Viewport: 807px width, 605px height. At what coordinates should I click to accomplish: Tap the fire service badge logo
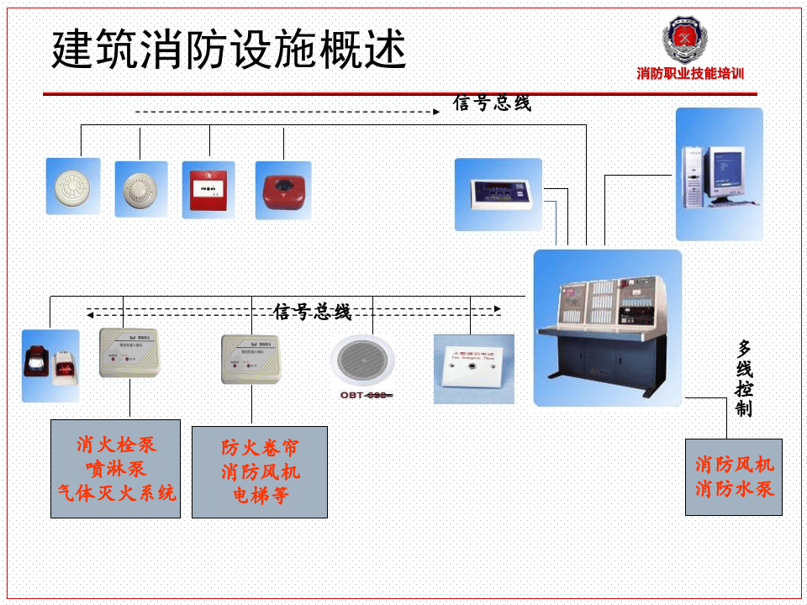685,39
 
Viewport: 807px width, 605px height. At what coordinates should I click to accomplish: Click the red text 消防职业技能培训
690,74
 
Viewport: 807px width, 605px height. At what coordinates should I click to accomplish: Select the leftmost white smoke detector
72,187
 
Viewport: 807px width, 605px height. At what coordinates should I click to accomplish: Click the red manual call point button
208,190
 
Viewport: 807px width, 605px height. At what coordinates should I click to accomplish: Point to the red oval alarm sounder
282,189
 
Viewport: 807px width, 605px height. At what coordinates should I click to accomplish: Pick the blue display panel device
498,194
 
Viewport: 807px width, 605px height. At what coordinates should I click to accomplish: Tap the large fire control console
608,328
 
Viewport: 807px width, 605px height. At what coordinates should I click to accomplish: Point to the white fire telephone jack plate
473,369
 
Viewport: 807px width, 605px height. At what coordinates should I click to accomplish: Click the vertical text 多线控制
744,378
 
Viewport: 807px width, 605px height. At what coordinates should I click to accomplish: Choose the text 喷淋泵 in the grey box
116,468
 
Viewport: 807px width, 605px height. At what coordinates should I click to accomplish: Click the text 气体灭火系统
116,492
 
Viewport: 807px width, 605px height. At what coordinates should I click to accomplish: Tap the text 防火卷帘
260,447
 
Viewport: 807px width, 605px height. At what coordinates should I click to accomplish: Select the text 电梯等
260,496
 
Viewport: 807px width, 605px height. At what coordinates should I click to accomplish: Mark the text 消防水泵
734,488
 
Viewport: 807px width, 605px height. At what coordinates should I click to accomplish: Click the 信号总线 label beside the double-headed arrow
313,313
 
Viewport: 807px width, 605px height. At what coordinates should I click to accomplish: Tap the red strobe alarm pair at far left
50,366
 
